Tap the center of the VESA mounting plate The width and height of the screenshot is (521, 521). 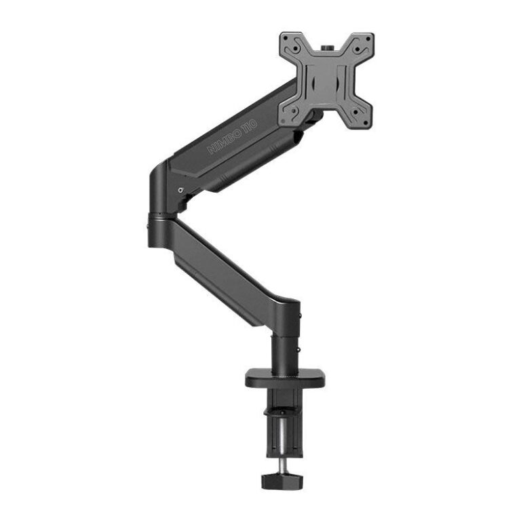(x=326, y=80)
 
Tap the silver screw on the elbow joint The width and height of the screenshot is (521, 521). (x=180, y=190)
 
